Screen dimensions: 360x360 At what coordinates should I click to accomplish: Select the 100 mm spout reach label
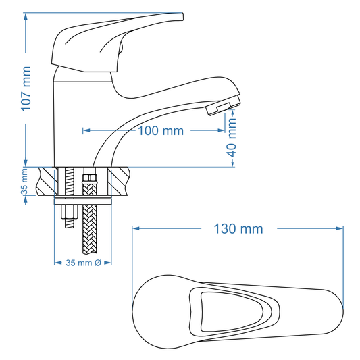point(160,131)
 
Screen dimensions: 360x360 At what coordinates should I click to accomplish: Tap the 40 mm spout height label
point(232,138)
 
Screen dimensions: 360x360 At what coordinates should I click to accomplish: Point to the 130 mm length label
point(238,229)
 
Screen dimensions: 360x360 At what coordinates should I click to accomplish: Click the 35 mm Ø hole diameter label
point(83,263)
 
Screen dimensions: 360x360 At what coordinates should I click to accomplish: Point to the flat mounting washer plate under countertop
point(82,201)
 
